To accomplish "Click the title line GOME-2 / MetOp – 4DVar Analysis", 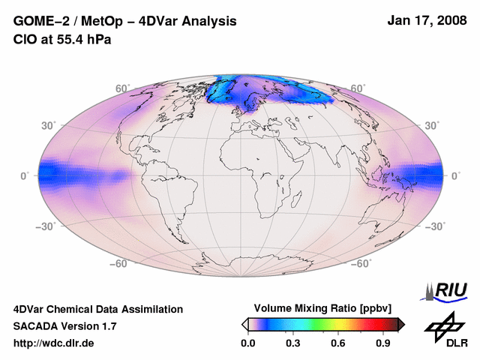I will coord(125,22).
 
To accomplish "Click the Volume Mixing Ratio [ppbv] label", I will coord(319,309).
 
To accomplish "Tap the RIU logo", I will coord(448,290).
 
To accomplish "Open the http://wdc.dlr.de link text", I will coord(54,343).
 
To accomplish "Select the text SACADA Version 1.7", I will coord(64,326).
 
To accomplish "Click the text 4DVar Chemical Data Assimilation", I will coord(97,309).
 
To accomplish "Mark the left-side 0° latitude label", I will coord(25,176).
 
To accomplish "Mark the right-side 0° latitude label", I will coord(455,176).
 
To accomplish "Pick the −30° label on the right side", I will coord(436,226).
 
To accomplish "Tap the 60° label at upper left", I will coord(121,89).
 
